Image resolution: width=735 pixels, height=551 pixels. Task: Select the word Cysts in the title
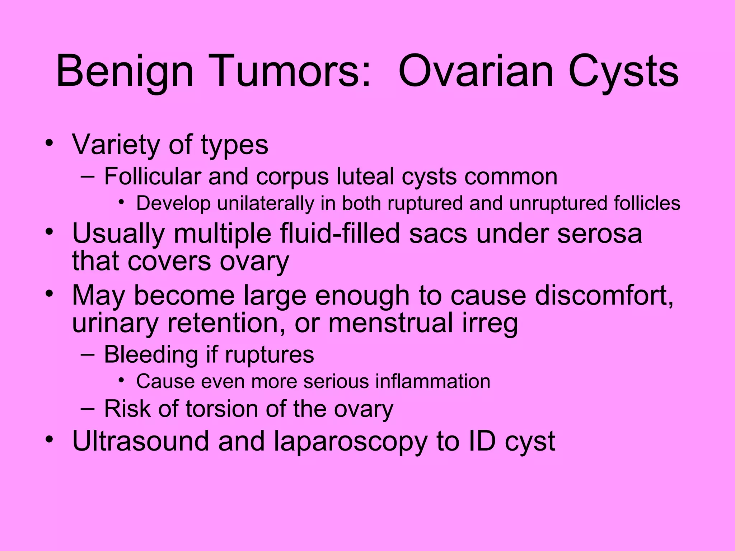[623, 72]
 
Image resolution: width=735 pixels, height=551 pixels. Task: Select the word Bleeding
[151, 355]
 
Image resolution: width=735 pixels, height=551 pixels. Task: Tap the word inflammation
[432, 381]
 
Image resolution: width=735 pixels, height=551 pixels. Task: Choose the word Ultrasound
[140, 441]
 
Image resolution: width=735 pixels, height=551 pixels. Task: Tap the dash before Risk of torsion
[88, 409]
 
